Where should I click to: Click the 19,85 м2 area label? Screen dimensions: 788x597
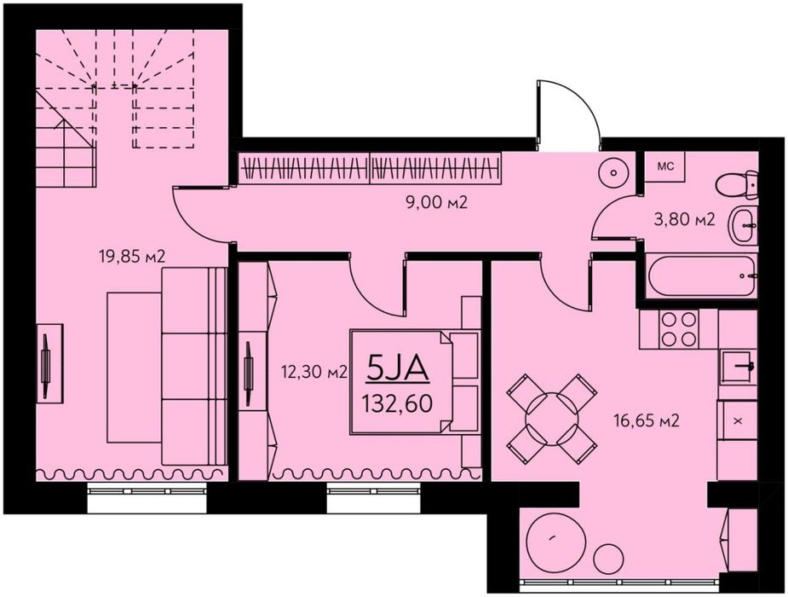coord(132,257)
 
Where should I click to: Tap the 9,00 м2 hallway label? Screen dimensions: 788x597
coord(436,203)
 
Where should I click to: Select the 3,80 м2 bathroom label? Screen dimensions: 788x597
coord(683,219)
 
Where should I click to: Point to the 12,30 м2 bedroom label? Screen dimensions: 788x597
coord(314,372)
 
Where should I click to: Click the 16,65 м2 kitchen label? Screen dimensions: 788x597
coord(647,420)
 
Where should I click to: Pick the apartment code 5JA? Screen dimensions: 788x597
coord(398,368)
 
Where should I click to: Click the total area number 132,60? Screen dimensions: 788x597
coord(398,403)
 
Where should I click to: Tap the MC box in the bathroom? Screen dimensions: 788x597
coord(666,167)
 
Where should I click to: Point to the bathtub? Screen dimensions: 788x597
coord(702,275)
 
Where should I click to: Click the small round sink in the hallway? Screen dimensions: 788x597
coord(613,172)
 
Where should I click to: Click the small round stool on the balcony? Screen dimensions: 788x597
coord(608,559)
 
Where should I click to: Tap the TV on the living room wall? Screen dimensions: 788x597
coord(46,363)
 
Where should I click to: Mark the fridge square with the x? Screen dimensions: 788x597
coord(737,420)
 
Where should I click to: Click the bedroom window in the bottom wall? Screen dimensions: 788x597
coord(374,497)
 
